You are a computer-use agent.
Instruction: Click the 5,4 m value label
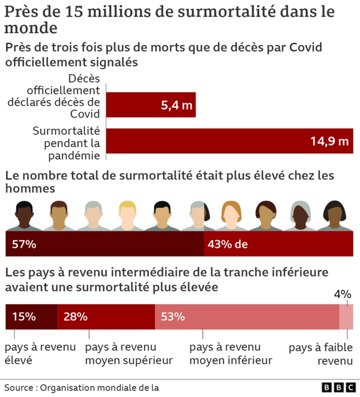pyautogui.click(x=176, y=105)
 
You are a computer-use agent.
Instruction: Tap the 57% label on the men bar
pyautogui.click(x=24, y=245)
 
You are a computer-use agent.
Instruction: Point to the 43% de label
pyautogui.click(x=227, y=245)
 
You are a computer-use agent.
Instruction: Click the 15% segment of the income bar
pyautogui.click(x=31, y=317)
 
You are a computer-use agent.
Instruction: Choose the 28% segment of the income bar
pyautogui.click(x=106, y=317)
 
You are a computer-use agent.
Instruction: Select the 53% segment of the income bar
pyautogui.click(x=246, y=317)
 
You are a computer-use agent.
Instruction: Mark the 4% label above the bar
pyautogui.click(x=343, y=294)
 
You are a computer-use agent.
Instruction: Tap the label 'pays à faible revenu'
pyautogui.click(x=321, y=354)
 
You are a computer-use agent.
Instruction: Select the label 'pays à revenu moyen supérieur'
pyautogui.click(x=129, y=354)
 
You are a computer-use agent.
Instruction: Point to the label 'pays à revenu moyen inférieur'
pyautogui.click(x=231, y=354)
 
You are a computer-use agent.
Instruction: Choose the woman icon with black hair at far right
pyautogui.click(x=335, y=215)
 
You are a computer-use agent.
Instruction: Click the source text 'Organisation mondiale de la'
pyautogui.click(x=100, y=387)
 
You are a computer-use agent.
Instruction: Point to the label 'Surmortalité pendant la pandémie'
pyautogui.click(x=66, y=143)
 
